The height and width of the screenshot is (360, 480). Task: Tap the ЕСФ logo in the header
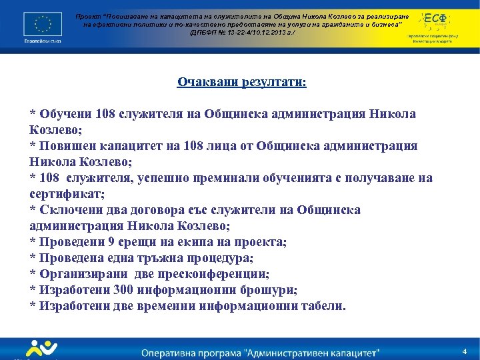[437, 19]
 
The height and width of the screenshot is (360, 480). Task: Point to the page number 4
[464, 351]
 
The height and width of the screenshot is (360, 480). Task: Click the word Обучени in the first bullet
[65, 113]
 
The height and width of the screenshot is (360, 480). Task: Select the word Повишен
[67, 145]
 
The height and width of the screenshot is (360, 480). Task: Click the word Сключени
[69, 210]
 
